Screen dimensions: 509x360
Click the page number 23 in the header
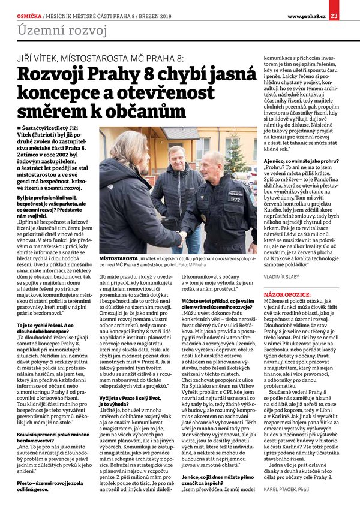[x=350, y=7]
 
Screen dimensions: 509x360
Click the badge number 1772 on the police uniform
[x=235, y=199]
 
